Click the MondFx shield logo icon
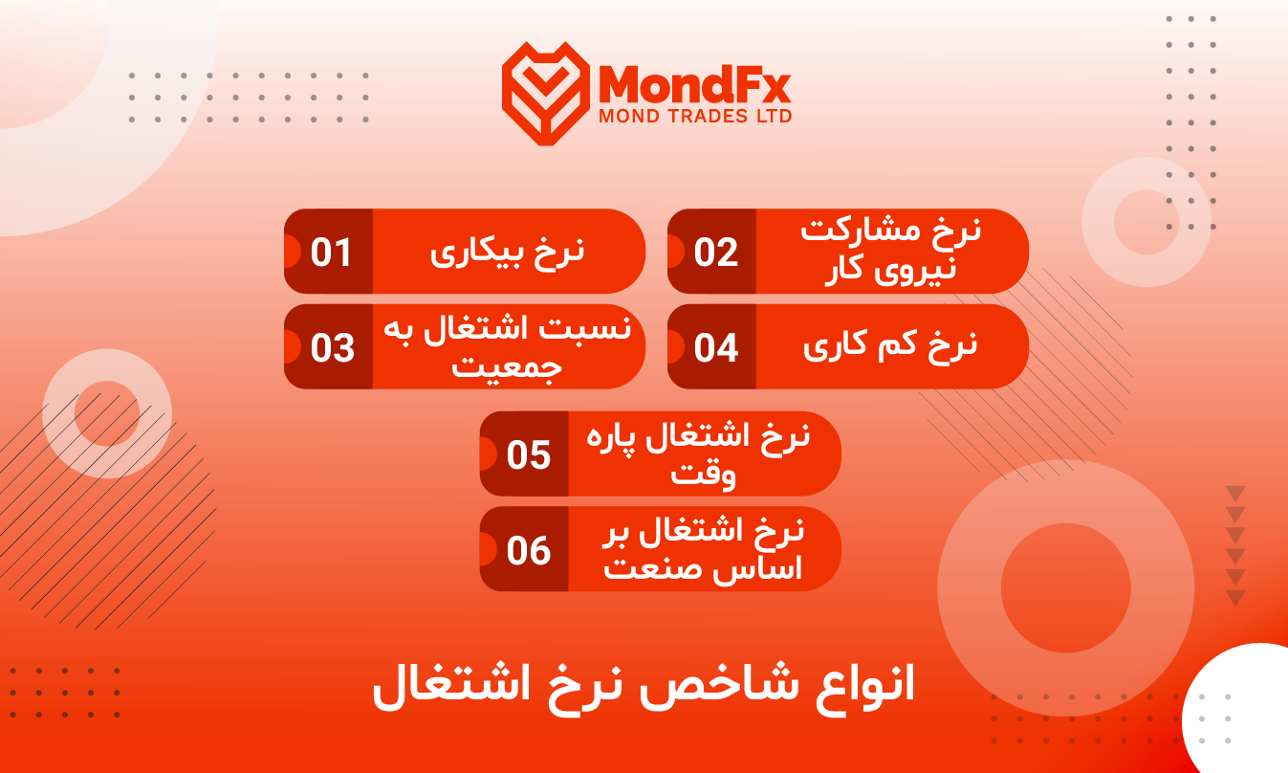546,93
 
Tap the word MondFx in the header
694,84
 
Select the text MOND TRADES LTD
695,116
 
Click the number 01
331,253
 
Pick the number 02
716,253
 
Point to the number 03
333,348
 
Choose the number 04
716,348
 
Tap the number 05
529,455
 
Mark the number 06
529,550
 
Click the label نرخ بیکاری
507,254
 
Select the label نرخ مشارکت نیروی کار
890,252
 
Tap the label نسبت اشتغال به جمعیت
507,347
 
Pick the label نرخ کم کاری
890,348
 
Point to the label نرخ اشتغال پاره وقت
698,455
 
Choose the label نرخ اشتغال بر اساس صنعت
703,550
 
